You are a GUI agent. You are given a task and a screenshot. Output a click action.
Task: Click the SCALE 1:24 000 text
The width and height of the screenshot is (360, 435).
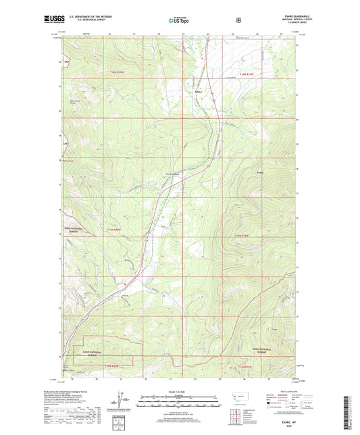tap(180, 391)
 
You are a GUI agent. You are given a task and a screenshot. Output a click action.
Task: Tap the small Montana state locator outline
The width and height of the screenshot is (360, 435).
tap(239, 398)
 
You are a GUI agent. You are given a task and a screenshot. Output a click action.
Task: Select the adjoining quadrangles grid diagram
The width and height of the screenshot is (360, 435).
tap(238, 413)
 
